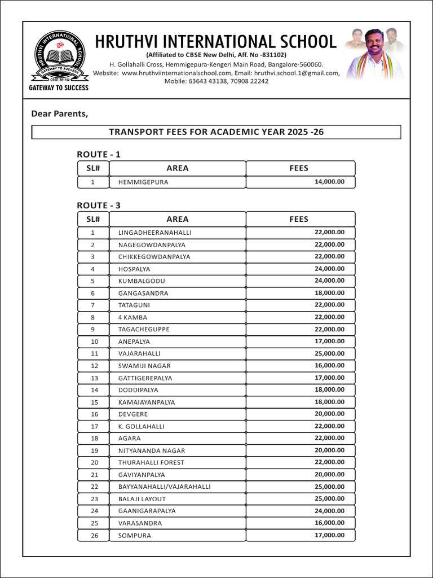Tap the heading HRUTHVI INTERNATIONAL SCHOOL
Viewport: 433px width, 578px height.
[x=215, y=41]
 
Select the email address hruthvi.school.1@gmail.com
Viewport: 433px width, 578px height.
[x=297, y=73]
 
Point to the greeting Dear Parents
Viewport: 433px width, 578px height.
[x=60, y=114]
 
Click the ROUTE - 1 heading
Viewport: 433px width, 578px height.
[x=99, y=154]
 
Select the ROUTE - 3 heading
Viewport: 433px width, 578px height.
[x=99, y=205]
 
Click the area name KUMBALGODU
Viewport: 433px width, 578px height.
[x=142, y=281]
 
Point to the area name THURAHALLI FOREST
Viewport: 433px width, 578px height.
[x=151, y=462]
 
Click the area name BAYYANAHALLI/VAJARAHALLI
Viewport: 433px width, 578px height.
[x=164, y=487]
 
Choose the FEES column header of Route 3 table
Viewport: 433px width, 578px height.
[x=299, y=219]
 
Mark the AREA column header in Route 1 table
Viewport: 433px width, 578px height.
[x=178, y=168]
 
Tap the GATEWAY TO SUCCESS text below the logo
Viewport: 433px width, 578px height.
[x=59, y=88]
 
